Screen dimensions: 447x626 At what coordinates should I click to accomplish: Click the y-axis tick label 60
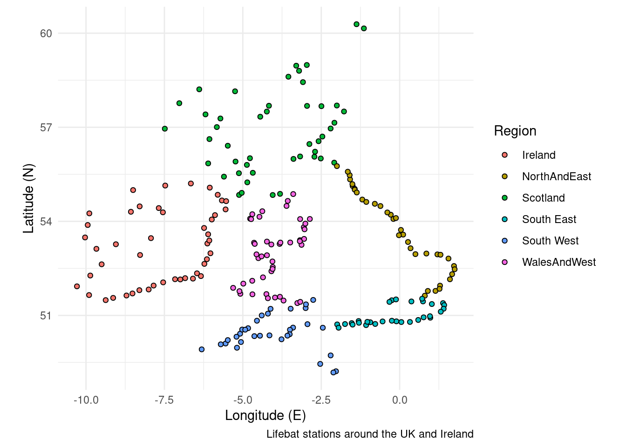[46, 34]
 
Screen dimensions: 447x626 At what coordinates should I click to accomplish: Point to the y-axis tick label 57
[46, 128]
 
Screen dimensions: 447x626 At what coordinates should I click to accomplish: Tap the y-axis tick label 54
[46, 222]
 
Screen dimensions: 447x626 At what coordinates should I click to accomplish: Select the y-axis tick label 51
[46, 316]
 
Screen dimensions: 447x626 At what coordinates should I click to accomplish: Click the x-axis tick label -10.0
[86, 400]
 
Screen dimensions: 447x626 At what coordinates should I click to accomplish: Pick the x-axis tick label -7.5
[164, 400]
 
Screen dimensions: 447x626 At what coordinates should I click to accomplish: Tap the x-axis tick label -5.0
[242, 400]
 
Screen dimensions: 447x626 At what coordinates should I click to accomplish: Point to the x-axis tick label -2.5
[321, 400]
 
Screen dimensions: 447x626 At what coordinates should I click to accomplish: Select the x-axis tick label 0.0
[400, 400]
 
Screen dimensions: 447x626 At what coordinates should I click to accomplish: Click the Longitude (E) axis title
[265, 415]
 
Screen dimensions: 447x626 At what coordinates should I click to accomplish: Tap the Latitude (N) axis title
[29, 198]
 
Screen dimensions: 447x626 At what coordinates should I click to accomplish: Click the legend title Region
[515, 131]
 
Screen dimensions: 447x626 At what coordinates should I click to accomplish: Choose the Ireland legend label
[538, 155]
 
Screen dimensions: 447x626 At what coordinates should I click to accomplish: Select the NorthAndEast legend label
[556, 176]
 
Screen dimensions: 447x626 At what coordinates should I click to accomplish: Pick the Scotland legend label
[543, 198]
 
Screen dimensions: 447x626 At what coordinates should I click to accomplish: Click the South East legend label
[549, 219]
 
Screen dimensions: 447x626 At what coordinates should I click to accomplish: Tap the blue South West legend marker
[504, 241]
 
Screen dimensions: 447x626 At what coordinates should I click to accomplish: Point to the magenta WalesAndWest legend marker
[504, 262]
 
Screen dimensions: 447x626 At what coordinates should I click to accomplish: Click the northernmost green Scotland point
[356, 24]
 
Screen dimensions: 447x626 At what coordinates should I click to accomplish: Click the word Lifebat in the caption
[283, 434]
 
